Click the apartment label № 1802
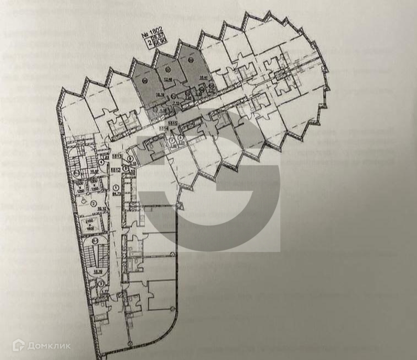coord(153,35)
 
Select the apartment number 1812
coord(117,171)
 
